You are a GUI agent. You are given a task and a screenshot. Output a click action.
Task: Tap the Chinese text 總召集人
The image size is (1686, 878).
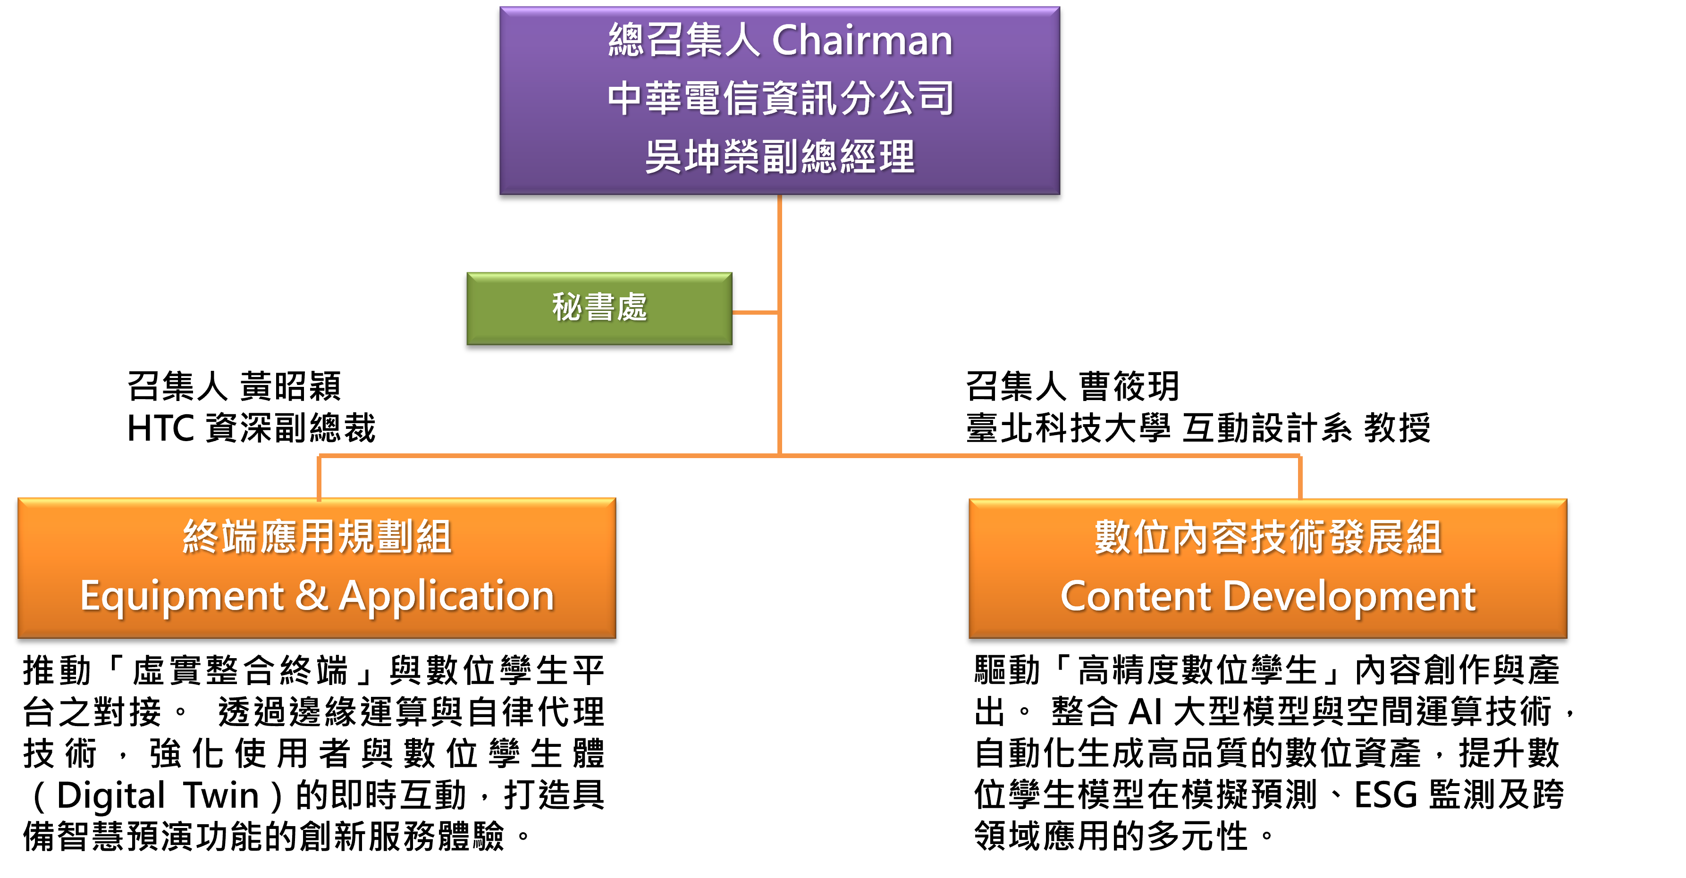683,41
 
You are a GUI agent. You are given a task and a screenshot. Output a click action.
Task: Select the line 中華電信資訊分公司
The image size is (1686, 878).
780,98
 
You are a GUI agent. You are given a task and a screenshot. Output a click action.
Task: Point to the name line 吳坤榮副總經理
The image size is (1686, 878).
780,157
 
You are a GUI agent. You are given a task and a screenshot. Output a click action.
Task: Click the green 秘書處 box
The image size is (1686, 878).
599,308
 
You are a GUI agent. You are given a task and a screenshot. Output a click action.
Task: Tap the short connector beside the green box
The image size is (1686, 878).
755,313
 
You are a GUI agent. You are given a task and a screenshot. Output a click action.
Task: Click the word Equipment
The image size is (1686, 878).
182,597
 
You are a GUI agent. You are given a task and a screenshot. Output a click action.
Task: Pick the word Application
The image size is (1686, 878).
447,597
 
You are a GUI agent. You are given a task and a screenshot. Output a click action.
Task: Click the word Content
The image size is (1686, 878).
1135,597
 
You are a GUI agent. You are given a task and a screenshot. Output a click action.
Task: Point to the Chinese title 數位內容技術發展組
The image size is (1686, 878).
1268,537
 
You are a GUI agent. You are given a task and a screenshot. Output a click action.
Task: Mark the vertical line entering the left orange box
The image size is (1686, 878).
319,477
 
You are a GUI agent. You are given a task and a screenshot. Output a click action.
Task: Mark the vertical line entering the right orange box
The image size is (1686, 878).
1300,477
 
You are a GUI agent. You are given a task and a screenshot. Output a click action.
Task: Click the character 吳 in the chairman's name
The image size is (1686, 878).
663,157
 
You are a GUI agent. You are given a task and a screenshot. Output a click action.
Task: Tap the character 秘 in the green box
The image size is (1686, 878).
567,308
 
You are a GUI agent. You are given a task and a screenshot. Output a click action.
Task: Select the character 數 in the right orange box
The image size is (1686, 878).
1113,537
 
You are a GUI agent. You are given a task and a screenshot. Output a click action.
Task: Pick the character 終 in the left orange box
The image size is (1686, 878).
201,537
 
